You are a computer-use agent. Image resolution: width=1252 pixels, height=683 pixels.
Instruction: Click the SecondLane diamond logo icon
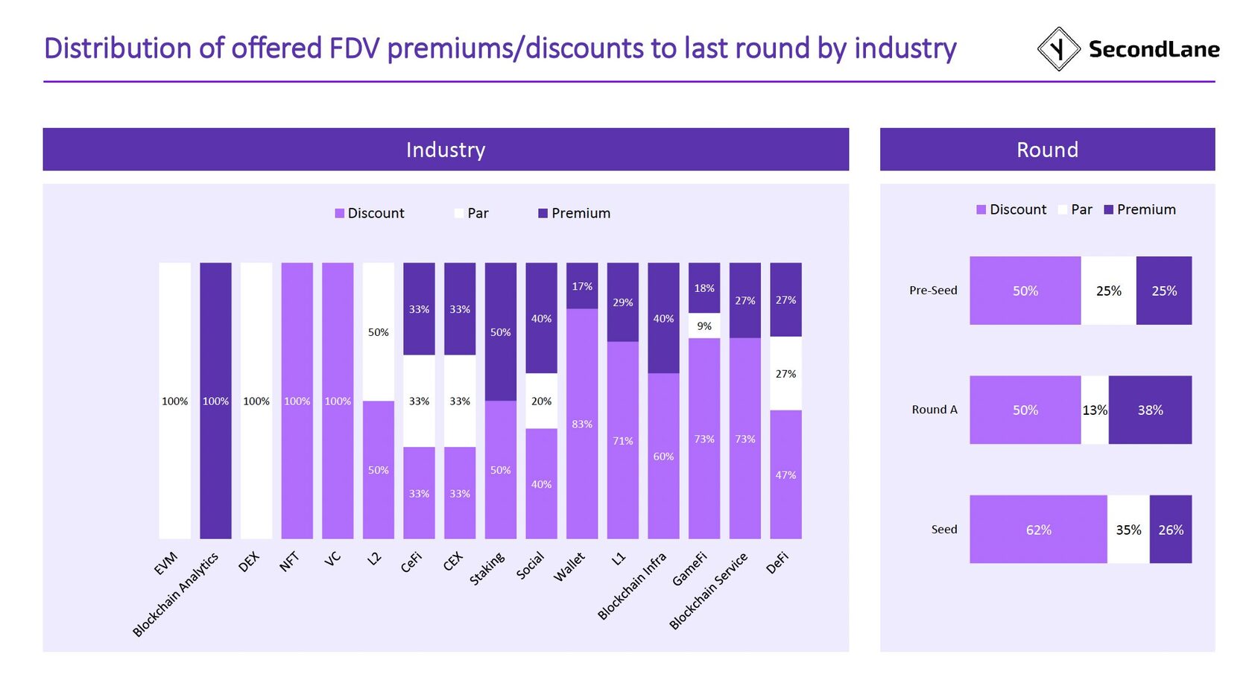[x=1058, y=49]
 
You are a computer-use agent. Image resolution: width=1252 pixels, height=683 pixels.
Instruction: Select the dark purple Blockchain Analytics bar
[x=215, y=400]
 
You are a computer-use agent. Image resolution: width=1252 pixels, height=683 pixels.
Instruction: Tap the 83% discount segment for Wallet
[x=582, y=423]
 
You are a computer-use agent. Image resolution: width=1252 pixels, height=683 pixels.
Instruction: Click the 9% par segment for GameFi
[x=704, y=326]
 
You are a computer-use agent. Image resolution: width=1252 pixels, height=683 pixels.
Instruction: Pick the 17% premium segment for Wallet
[x=582, y=286]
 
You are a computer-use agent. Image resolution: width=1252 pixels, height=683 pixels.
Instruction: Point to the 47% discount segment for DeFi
[x=785, y=474]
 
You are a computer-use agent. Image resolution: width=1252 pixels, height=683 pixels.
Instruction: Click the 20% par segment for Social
[x=541, y=401]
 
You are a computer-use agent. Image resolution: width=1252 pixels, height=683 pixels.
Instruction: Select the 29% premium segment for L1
[x=622, y=302]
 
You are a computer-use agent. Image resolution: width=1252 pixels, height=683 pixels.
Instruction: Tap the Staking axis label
[x=487, y=569]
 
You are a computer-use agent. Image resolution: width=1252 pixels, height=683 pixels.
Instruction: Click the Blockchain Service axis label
[x=708, y=591]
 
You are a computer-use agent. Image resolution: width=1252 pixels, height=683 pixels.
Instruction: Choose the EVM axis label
[x=166, y=564]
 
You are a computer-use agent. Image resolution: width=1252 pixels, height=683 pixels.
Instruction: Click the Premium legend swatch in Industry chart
[x=543, y=214]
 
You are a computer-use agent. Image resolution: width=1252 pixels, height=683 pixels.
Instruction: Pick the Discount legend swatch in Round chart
[x=981, y=210]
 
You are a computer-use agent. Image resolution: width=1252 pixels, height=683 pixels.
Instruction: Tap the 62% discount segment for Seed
[x=1038, y=530]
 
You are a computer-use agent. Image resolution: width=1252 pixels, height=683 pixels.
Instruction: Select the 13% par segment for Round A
[x=1094, y=410]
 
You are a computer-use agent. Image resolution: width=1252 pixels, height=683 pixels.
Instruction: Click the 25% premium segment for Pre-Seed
[x=1163, y=290]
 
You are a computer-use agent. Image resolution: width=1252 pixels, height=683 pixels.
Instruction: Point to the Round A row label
[x=935, y=410]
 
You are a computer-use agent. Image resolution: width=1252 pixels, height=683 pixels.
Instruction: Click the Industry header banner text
[x=446, y=150]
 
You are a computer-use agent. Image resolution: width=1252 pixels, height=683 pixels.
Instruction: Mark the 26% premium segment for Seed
[x=1170, y=530]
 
